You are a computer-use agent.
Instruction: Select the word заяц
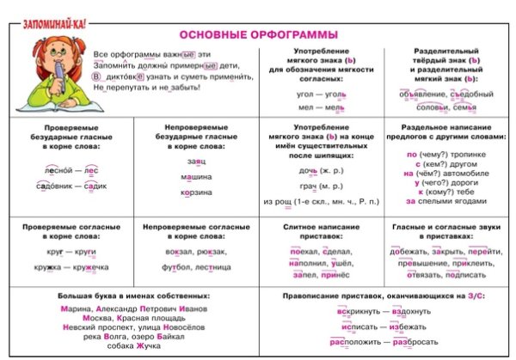(x=196, y=161)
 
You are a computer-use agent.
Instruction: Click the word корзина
(x=196, y=192)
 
